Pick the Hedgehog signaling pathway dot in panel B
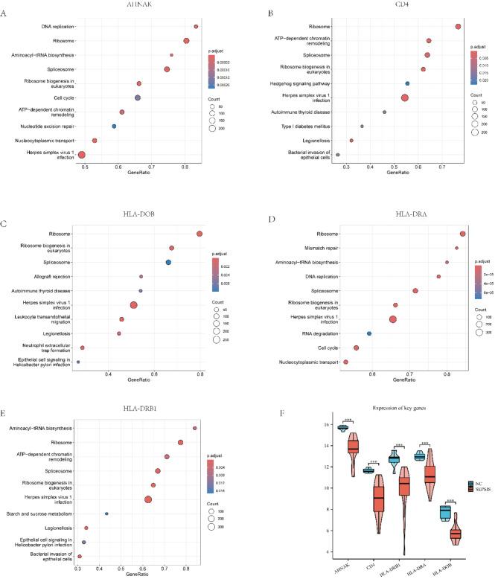pyautogui.click(x=407, y=83)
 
